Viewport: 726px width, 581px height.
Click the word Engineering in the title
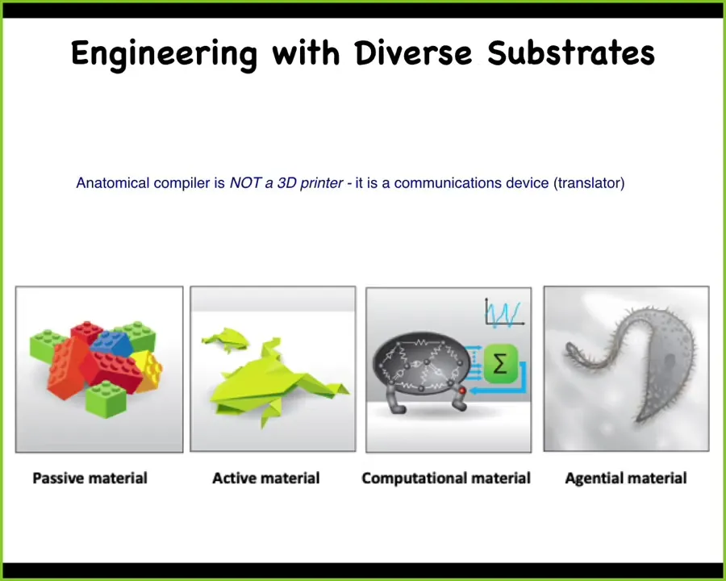tap(164, 54)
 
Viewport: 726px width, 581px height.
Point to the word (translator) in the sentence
tap(589, 183)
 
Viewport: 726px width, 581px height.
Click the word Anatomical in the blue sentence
tap(113, 183)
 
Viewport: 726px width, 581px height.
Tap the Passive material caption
tap(90, 479)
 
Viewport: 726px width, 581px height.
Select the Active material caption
tap(265, 479)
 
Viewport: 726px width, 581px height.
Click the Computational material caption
tap(446, 479)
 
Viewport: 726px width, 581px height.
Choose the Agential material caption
tap(626, 479)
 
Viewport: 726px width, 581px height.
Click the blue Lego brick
tap(111, 344)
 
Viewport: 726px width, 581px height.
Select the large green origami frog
tap(276, 383)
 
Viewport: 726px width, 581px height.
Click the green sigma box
tap(500, 364)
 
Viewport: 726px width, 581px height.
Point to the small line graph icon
tap(503, 313)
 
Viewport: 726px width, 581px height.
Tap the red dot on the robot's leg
tap(461, 391)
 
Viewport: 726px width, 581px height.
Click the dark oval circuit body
tap(421, 363)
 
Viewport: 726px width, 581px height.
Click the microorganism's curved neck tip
tap(570, 347)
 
